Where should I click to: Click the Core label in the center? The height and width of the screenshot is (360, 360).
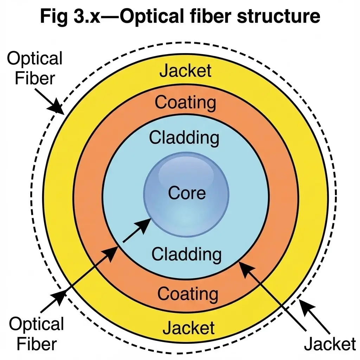[187, 193]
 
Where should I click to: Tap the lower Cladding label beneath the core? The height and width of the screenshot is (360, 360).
[186, 254]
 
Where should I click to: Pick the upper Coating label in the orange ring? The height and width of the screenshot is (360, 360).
[185, 103]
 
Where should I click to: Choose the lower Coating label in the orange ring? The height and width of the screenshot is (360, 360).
[188, 293]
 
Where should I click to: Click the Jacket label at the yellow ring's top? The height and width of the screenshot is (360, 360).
[186, 71]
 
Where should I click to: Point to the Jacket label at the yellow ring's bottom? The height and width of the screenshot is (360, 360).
[188, 328]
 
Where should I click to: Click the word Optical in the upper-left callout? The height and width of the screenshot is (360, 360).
[34, 59]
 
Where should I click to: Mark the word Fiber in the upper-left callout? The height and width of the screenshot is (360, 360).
[34, 78]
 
